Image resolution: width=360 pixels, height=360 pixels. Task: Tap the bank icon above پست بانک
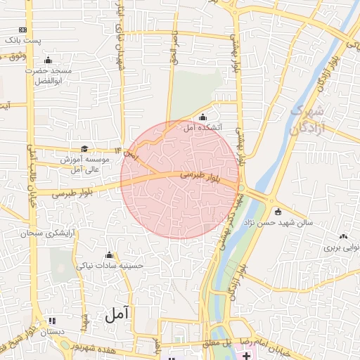(x=23, y=30)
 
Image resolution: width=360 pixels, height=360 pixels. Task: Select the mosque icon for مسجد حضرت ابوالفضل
(x=48, y=60)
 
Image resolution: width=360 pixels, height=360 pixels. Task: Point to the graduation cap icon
(x=85, y=148)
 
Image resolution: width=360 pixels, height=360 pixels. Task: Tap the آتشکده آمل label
(x=202, y=128)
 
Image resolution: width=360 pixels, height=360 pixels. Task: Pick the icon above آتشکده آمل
(x=203, y=117)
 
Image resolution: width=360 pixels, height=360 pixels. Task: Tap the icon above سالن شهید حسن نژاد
(x=278, y=212)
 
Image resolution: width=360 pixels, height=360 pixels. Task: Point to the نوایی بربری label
(x=341, y=247)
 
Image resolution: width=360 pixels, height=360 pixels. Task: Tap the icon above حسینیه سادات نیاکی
(x=109, y=255)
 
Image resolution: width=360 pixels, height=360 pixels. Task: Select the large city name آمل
(x=118, y=315)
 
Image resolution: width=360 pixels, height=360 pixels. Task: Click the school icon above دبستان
(x=52, y=321)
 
